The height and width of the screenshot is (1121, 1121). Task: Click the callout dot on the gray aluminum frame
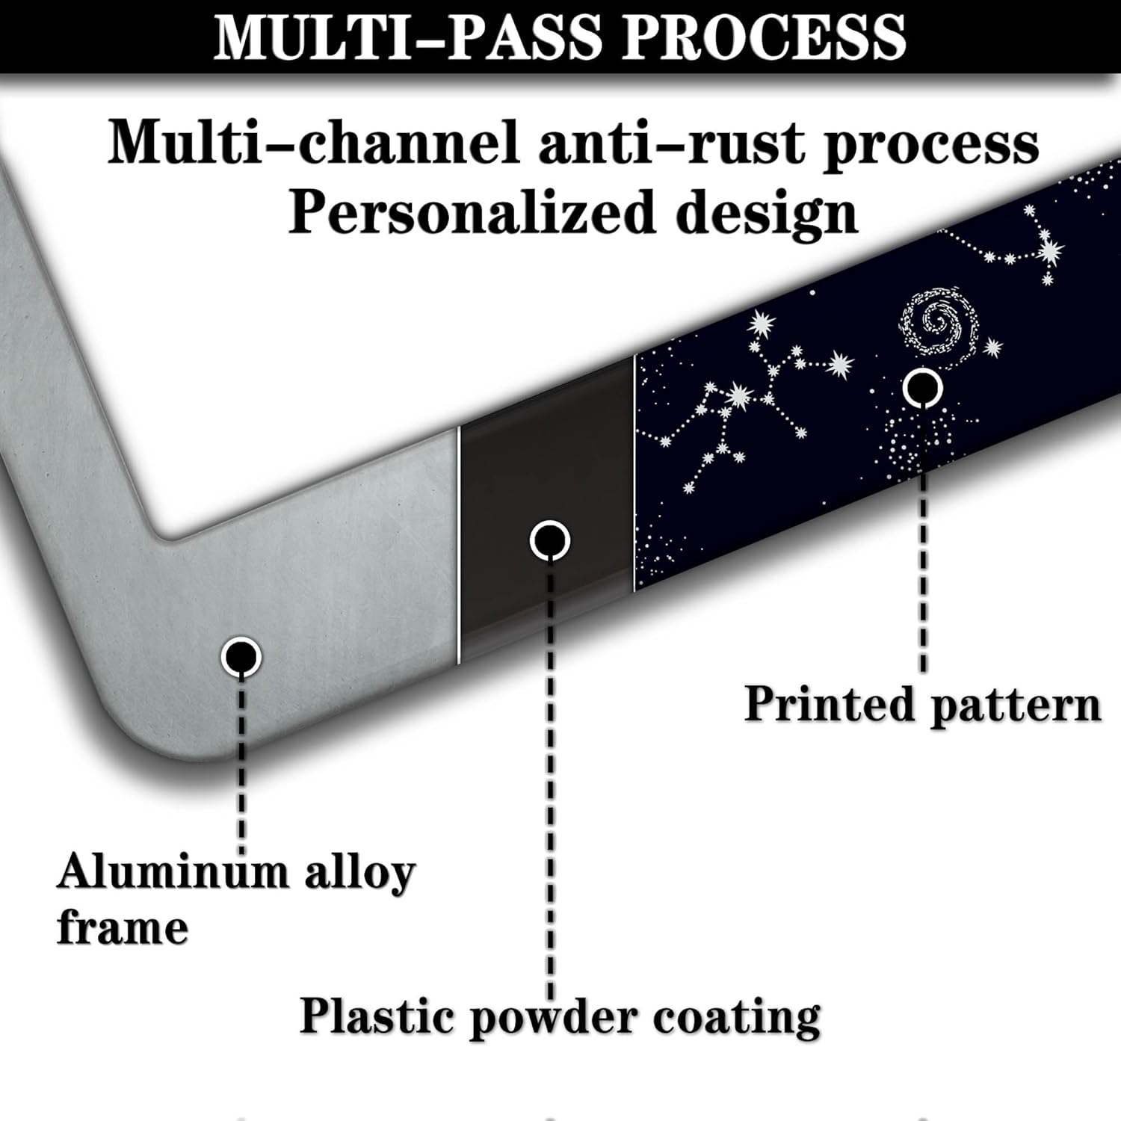point(241,657)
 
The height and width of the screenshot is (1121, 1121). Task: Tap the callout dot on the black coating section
point(550,540)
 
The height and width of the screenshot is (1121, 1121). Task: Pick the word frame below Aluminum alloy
point(123,927)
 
